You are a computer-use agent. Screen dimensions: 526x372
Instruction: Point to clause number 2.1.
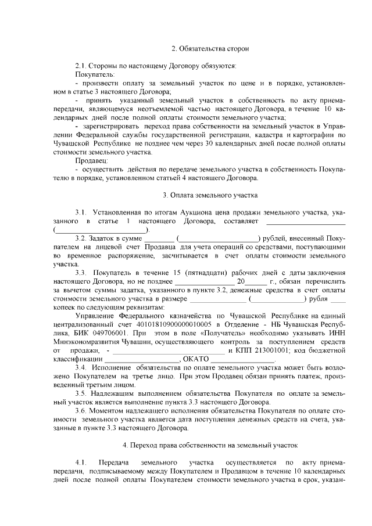click(x=81, y=66)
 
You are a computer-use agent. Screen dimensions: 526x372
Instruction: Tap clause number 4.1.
click(x=81, y=462)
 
